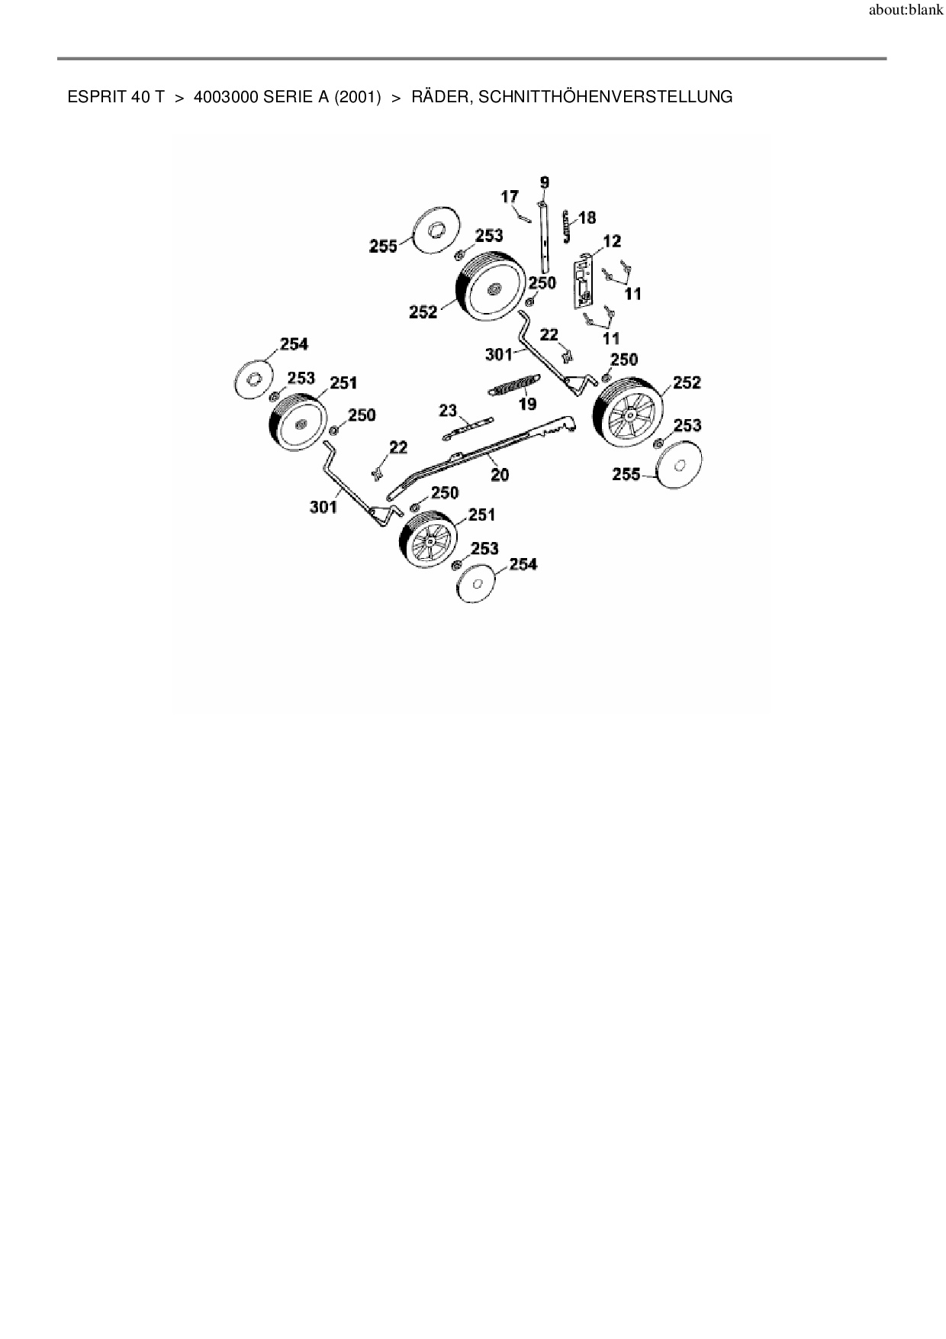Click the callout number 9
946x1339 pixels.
tap(544, 182)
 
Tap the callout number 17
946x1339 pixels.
tap(510, 198)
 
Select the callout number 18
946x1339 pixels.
tap(587, 218)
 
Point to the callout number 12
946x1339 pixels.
tap(612, 241)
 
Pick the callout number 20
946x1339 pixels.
tap(500, 475)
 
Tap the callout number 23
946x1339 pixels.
tap(448, 411)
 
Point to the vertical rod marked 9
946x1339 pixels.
tap(544, 237)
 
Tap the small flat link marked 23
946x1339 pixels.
tap(467, 428)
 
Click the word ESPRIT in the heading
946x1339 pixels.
tap(92, 98)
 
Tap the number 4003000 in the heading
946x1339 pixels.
tap(226, 98)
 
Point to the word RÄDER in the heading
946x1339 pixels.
tap(439, 98)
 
